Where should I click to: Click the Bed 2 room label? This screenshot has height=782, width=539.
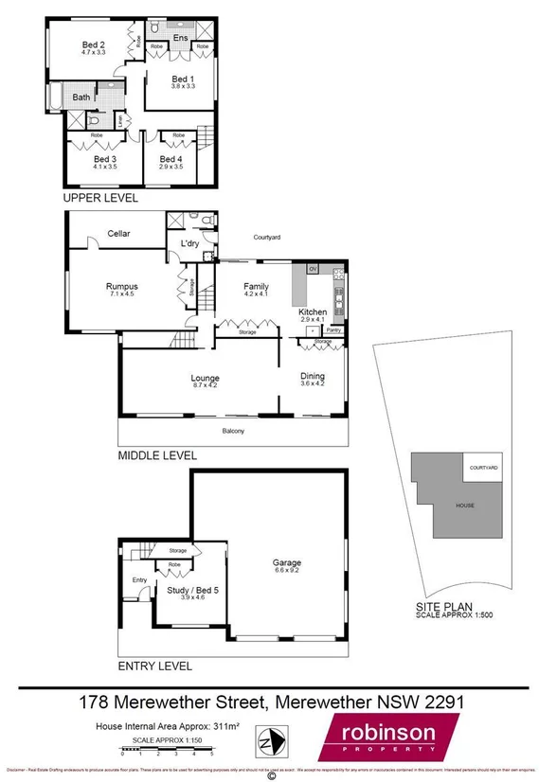(94, 45)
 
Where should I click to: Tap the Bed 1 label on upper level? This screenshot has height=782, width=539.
(183, 79)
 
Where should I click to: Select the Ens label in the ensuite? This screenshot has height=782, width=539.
(180, 38)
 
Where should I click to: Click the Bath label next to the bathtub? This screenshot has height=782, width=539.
(82, 97)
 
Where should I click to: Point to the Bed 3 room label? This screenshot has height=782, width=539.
(104, 159)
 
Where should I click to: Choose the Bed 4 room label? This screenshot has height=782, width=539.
(170, 159)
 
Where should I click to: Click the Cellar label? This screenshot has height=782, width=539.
(118, 233)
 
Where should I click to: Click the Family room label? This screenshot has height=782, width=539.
(256, 286)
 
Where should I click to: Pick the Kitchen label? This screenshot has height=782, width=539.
(313, 311)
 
